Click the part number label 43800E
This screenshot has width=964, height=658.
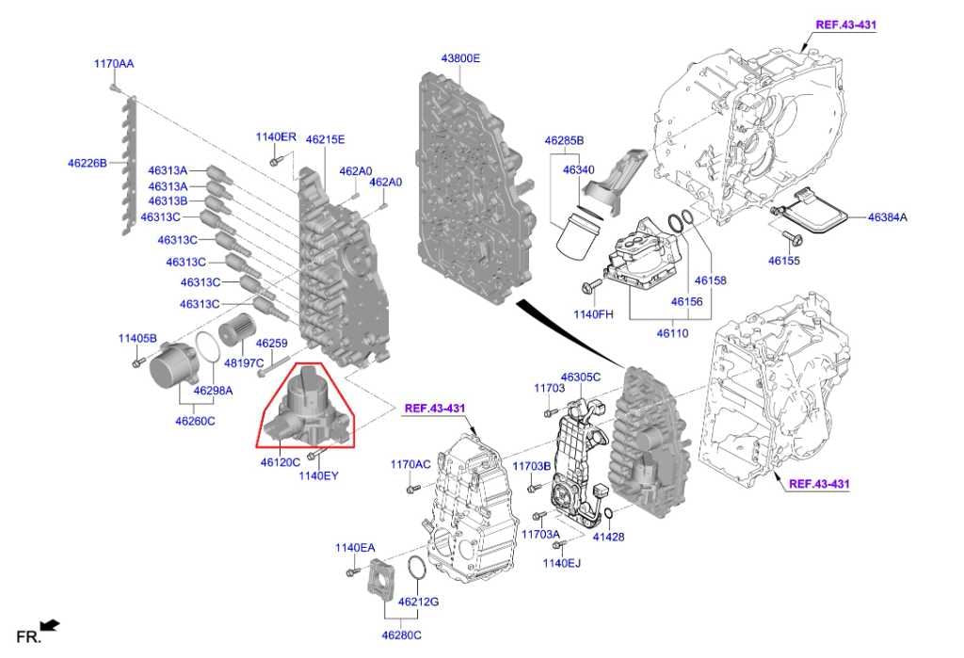pos(460,58)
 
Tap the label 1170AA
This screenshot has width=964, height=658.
pos(113,63)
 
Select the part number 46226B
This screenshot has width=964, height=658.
pos(88,162)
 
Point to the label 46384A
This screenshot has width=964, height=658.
pos(887,217)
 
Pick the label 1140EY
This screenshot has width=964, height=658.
pos(318,475)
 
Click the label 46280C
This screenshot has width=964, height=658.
pos(401,635)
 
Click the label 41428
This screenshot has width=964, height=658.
pos(608,537)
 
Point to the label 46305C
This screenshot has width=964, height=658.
pos(580,377)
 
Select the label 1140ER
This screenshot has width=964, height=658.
pos(275,137)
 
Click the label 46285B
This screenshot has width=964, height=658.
pos(564,140)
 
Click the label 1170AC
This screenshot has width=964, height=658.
pos(410,465)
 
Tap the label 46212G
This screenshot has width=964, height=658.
pos(418,602)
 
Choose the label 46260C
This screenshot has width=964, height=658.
pos(195,421)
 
